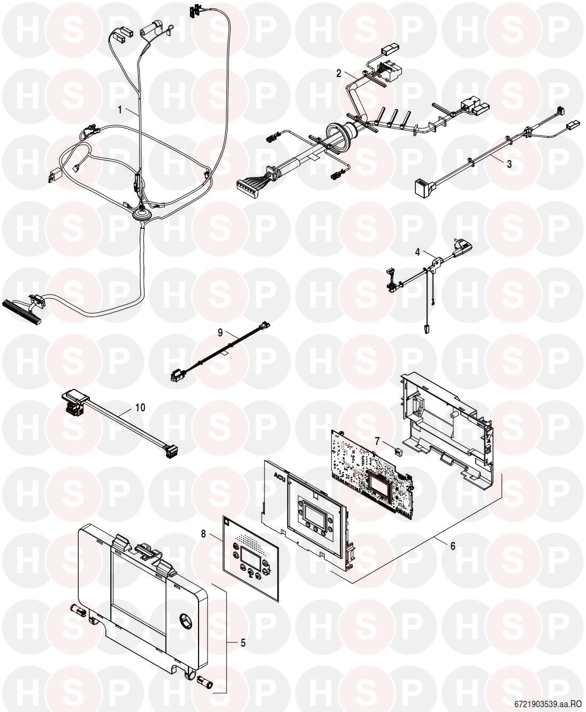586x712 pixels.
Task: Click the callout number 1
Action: pos(119,110)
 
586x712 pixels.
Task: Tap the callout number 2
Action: pos(339,73)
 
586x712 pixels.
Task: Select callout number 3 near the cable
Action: pos(509,164)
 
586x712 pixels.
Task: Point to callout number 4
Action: pos(417,252)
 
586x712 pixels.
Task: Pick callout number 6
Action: pos(453,546)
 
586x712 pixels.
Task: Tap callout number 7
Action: pos(377,441)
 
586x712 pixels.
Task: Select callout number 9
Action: pos(220,333)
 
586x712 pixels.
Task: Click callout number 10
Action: pos(140,408)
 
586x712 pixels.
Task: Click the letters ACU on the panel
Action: pos(280,476)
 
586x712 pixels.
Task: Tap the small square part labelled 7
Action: pos(398,451)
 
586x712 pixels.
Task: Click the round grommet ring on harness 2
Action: pos(338,135)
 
